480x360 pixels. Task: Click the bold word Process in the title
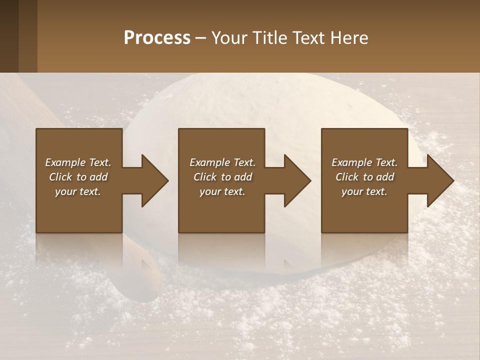157,38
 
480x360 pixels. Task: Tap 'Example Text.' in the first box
78,162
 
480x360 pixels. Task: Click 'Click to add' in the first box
78,177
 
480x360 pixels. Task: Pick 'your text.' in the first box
78,191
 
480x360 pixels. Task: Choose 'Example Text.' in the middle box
222,162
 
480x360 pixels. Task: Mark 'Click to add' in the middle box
222,177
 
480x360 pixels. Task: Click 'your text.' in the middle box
222,191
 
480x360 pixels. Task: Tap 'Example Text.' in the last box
364,162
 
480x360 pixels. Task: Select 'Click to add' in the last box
364,177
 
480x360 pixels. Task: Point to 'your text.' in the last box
364,191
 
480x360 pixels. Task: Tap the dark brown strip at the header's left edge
9,36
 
